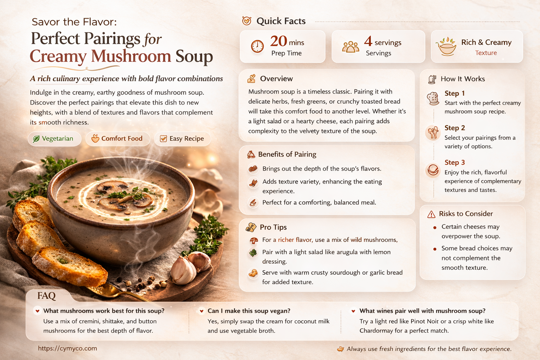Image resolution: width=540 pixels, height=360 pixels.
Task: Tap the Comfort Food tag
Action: tap(117, 139)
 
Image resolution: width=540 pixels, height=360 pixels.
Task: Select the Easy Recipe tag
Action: tap(182, 139)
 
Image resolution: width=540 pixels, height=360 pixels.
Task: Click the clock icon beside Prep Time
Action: tap(257, 46)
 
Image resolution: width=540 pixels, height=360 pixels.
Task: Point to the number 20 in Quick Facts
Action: tap(278, 41)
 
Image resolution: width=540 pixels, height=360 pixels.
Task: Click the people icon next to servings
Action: tap(351, 47)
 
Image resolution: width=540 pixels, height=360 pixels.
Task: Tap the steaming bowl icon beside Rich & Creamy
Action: tap(446, 46)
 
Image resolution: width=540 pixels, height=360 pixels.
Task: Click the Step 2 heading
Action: tap(455, 128)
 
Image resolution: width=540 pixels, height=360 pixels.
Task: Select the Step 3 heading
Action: tap(455, 162)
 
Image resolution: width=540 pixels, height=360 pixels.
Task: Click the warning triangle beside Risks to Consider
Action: tap(431, 214)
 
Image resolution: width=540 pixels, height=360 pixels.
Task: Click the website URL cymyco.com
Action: tap(67, 348)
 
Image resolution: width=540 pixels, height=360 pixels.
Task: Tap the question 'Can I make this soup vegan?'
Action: tap(249, 311)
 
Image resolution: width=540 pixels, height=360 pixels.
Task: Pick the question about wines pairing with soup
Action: tap(422, 311)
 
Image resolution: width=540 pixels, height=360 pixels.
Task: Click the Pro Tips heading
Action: tap(273, 227)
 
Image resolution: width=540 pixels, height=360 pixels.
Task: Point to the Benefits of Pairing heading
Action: tap(287, 154)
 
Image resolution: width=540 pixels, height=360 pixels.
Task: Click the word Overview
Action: tap(276, 79)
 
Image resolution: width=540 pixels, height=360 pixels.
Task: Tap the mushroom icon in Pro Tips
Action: tap(253, 240)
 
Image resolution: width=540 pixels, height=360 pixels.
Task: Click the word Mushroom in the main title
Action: tap(131, 56)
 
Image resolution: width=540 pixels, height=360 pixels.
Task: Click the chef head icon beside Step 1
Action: tap(433, 98)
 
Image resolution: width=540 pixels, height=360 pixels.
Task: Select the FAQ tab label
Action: tap(46, 296)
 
